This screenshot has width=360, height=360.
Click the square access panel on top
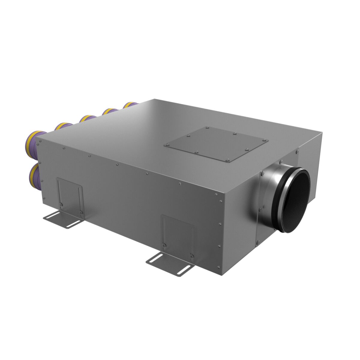[x=216, y=144]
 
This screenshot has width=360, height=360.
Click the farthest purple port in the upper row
[x=130, y=105]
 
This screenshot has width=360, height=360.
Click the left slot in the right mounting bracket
[x=158, y=258]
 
